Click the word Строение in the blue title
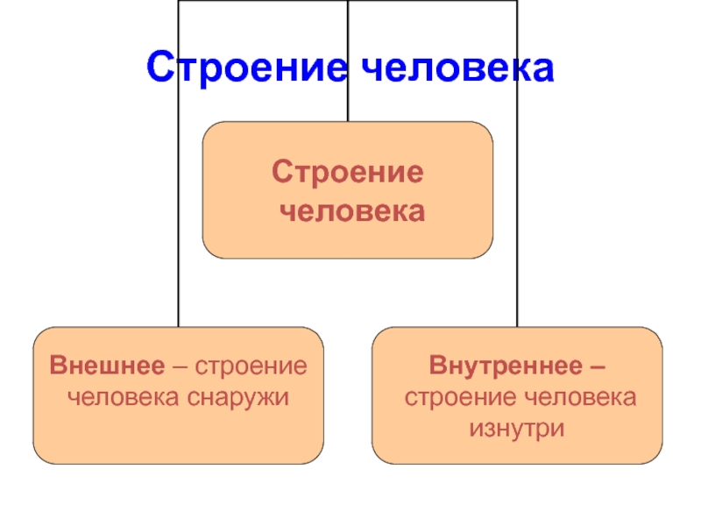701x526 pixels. pyautogui.click(x=246, y=68)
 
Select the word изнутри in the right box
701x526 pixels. pyautogui.click(x=516, y=428)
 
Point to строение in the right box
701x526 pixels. pyautogui.click(x=458, y=396)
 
